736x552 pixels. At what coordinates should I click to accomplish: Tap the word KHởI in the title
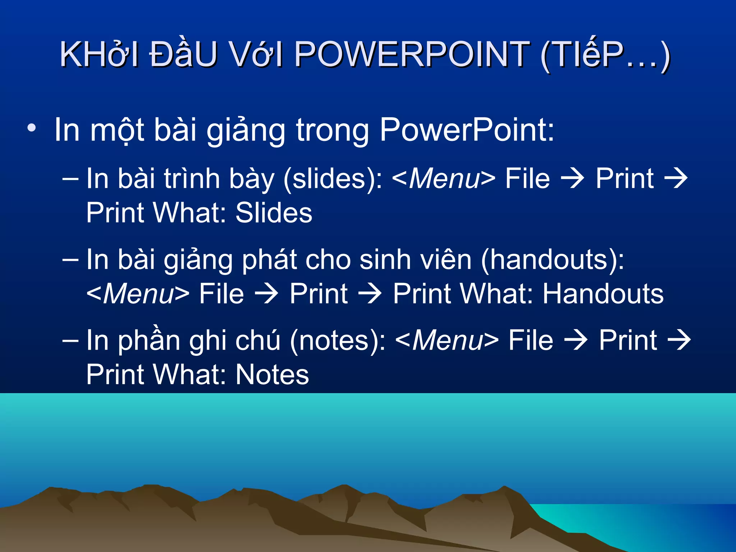pyautogui.click(x=99, y=55)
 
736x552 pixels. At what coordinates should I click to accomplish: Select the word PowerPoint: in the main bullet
pyautogui.click(x=467, y=130)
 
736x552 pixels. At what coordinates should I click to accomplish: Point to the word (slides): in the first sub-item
pyautogui.click(x=333, y=179)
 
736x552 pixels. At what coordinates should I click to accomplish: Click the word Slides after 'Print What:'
pyautogui.click(x=274, y=213)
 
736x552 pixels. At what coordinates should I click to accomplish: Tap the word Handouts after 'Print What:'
pyautogui.click(x=603, y=294)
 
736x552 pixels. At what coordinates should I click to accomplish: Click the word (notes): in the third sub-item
pyautogui.click(x=337, y=341)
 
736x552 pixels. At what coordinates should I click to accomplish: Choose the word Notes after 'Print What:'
pyautogui.click(x=272, y=375)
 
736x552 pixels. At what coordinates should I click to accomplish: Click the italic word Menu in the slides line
pyautogui.click(x=445, y=179)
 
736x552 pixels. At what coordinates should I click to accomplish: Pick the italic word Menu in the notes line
pyautogui.click(x=448, y=341)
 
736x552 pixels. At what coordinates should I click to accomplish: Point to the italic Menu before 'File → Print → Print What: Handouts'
pyautogui.click(x=138, y=294)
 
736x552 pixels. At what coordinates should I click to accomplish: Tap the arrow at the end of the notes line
pyautogui.click(x=679, y=340)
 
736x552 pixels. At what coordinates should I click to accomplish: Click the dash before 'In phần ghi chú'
pyautogui.click(x=70, y=341)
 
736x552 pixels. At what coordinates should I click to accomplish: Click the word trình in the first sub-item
pyautogui.click(x=192, y=179)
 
